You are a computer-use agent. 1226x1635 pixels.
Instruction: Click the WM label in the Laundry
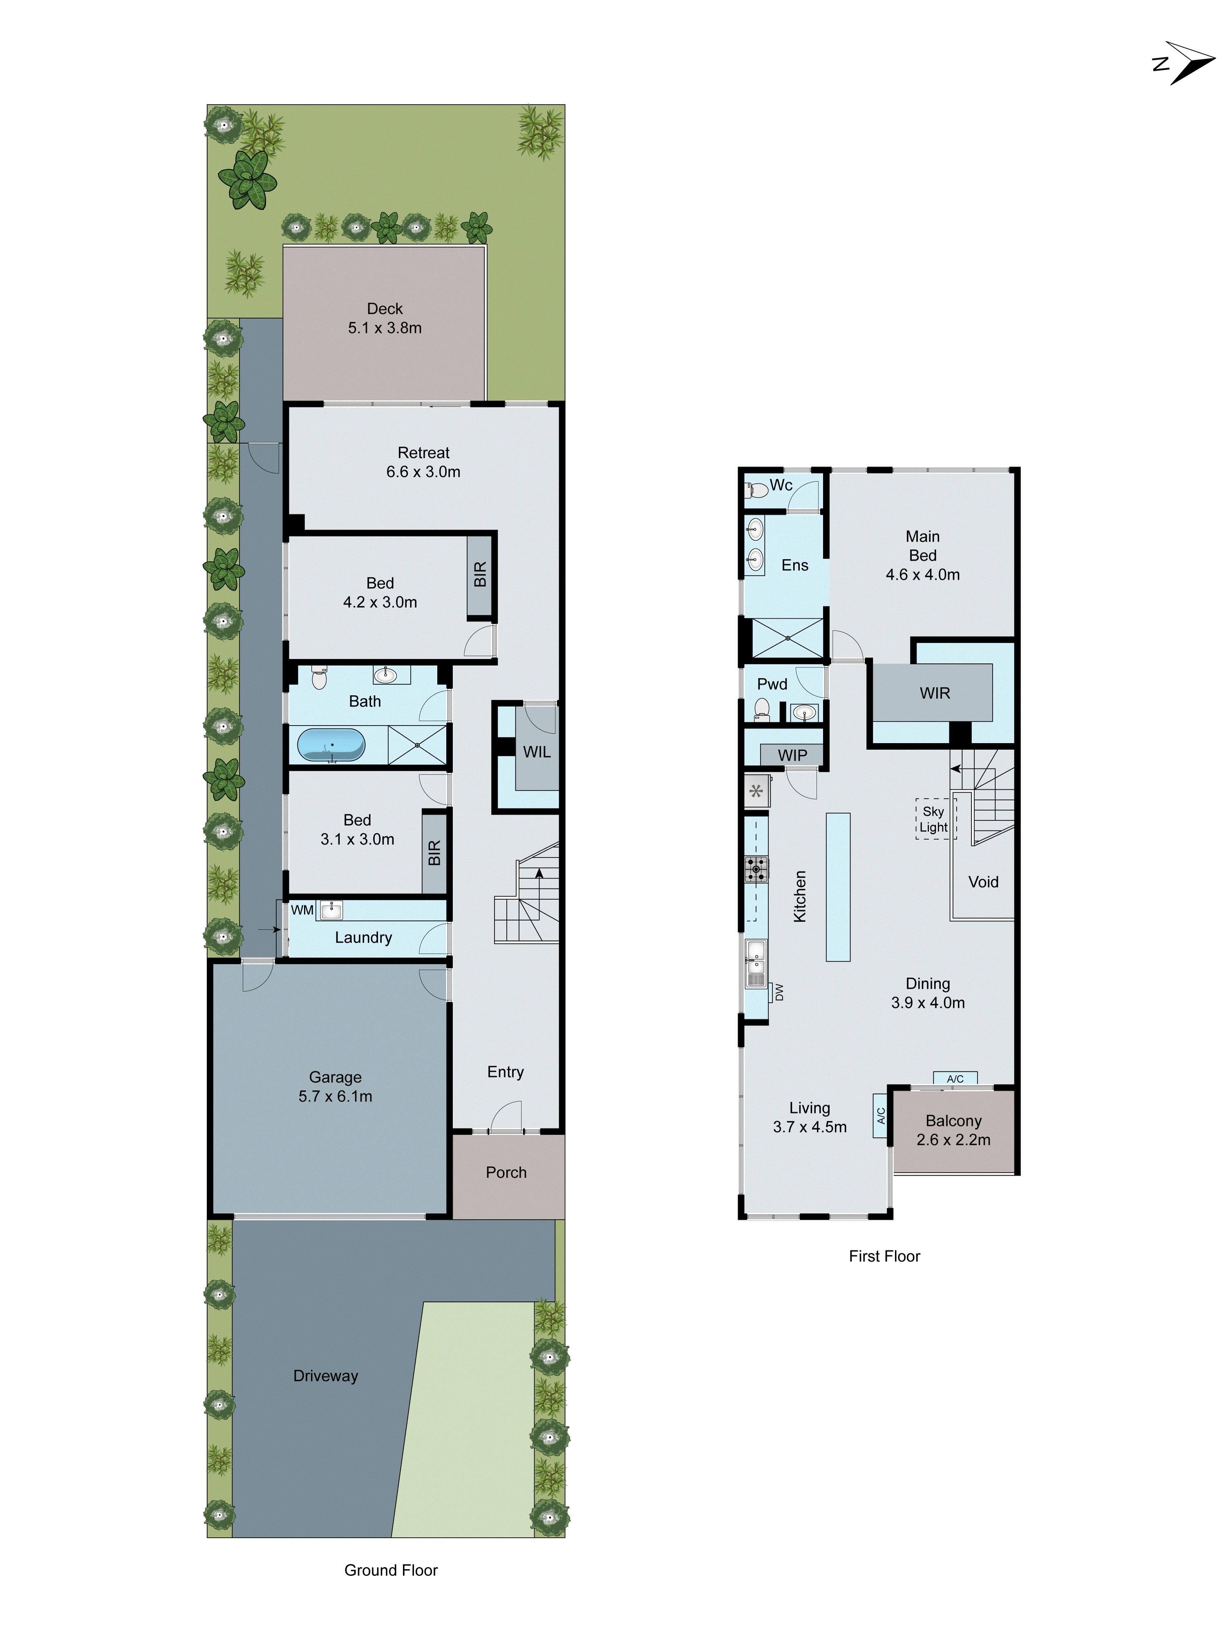302,910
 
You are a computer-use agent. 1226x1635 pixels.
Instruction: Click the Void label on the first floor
983,882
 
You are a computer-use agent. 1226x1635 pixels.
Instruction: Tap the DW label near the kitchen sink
778,992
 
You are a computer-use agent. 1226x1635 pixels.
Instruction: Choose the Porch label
506,1172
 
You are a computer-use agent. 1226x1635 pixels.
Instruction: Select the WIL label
537,752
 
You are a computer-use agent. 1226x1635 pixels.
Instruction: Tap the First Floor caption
884,1256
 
